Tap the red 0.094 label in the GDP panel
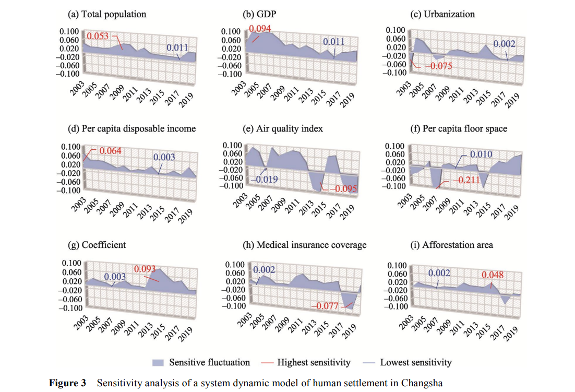[x=260, y=29]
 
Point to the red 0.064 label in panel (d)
[x=110, y=151]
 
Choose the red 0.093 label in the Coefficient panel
[x=145, y=269]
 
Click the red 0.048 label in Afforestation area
[x=493, y=275]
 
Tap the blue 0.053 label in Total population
[x=98, y=37]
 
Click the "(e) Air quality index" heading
[x=283, y=129]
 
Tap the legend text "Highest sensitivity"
[x=314, y=362]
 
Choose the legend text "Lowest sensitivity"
[x=416, y=362]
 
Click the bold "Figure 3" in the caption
[x=67, y=383]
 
